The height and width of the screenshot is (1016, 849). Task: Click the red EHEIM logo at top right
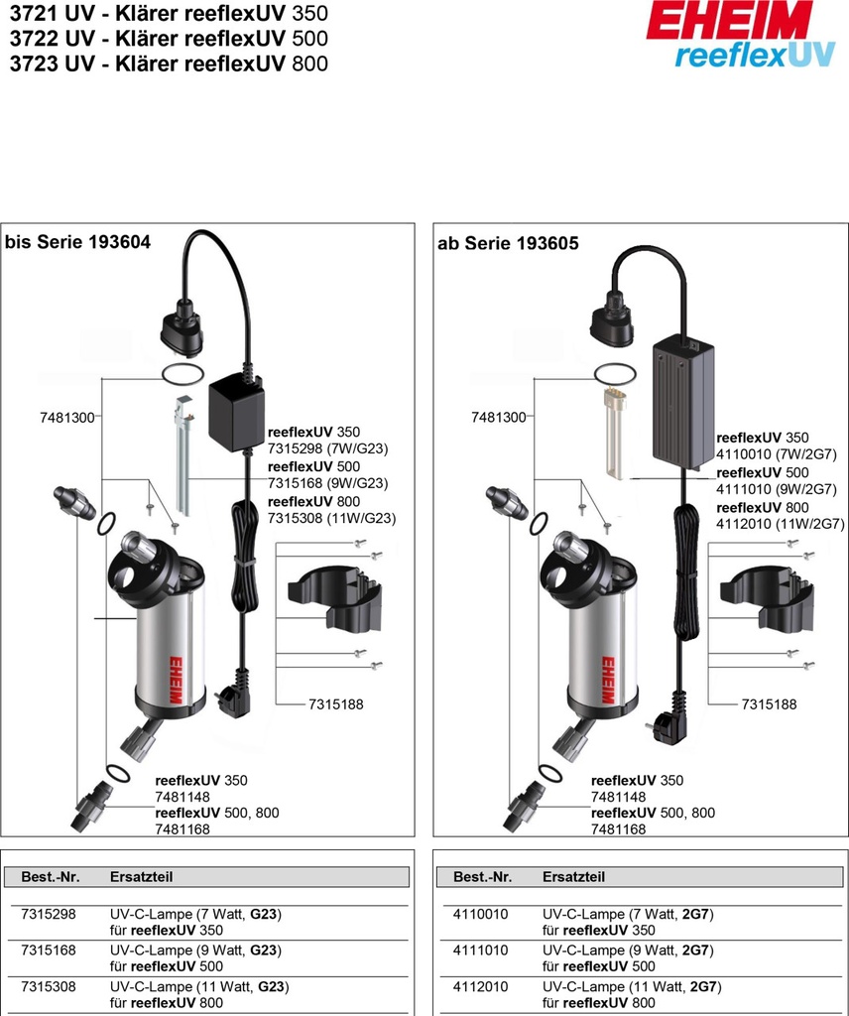coord(729,20)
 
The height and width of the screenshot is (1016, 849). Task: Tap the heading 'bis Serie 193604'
coord(78,242)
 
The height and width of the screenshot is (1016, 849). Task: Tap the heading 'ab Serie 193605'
coord(508,243)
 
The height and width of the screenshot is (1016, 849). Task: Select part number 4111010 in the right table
coord(480,950)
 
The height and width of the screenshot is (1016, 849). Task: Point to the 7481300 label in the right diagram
coord(499,418)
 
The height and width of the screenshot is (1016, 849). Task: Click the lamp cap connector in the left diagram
coord(182,326)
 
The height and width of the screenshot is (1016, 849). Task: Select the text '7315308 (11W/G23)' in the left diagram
coord(331,518)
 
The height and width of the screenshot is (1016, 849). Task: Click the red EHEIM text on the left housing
coord(177,682)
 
